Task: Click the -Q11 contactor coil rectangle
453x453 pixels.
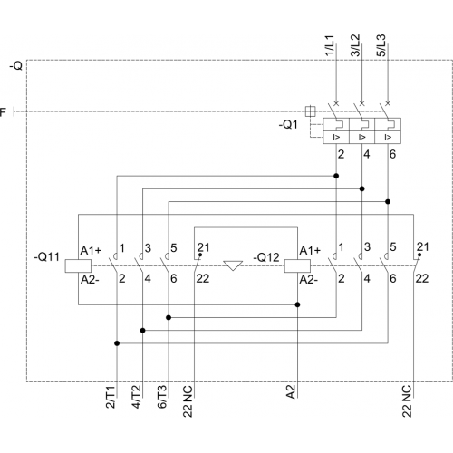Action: (x=78, y=265)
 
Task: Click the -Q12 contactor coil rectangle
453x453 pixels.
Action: (x=297, y=265)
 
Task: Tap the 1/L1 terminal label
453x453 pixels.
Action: (x=329, y=45)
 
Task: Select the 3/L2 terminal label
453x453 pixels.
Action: (x=355, y=45)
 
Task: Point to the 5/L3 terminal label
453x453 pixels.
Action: (x=381, y=45)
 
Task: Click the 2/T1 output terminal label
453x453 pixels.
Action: (x=111, y=397)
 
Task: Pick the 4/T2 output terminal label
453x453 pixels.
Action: (x=136, y=397)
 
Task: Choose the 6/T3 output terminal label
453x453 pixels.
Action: (x=162, y=397)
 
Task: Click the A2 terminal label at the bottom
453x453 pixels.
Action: (x=290, y=391)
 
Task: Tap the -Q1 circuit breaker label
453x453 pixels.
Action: (x=288, y=124)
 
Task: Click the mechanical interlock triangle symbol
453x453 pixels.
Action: (x=233, y=265)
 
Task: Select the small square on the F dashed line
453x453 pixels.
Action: (x=310, y=111)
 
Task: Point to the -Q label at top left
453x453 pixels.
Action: (x=16, y=65)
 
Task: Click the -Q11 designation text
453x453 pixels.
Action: (x=46, y=257)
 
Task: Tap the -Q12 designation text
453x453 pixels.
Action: (x=266, y=257)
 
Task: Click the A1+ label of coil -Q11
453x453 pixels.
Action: (x=91, y=250)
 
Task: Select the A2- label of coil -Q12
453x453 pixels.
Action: (x=308, y=280)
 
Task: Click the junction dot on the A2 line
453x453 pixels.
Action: (x=297, y=304)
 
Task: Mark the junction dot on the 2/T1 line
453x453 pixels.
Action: (x=117, y=343)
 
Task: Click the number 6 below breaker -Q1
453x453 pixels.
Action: (x=392, y=154)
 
